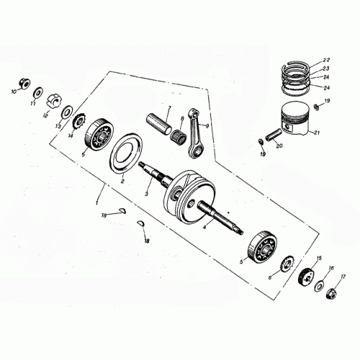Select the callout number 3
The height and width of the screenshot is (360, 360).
click(146, 194)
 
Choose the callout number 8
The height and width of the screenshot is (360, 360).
click(181, 118)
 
